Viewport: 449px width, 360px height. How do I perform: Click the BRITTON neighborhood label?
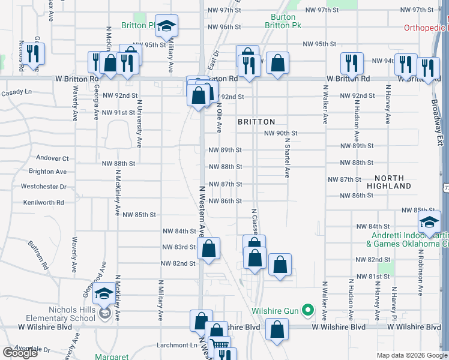[x=256, y=121]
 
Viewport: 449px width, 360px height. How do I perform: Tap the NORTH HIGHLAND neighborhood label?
[x=393, y=182]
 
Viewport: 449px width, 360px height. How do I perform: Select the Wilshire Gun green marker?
[x=308, y=310]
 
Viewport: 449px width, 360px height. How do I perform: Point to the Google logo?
[x=20, y=353]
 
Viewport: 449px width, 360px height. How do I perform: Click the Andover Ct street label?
[x=53, y=158]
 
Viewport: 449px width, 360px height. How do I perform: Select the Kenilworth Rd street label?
[x=43, y=203]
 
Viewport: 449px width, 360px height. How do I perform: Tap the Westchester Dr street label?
[x=43, y=187]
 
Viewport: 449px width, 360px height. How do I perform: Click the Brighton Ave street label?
[x=47, y=172]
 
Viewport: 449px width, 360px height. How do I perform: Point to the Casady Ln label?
[x=16, y=92]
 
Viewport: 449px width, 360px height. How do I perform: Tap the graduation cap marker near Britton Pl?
[x=167, y=25]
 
